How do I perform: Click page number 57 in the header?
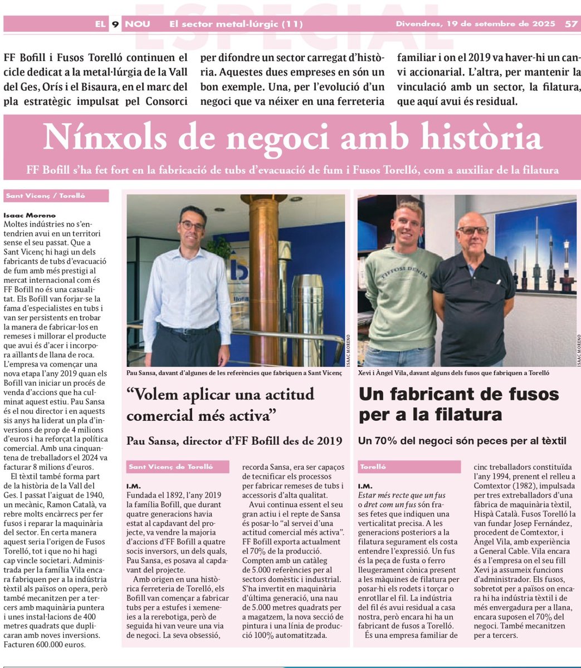570,24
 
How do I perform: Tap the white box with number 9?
115,24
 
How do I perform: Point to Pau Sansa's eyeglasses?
193,225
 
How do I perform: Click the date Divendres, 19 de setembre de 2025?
475,24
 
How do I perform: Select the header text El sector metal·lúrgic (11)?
236,24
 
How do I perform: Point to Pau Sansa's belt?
188,330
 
